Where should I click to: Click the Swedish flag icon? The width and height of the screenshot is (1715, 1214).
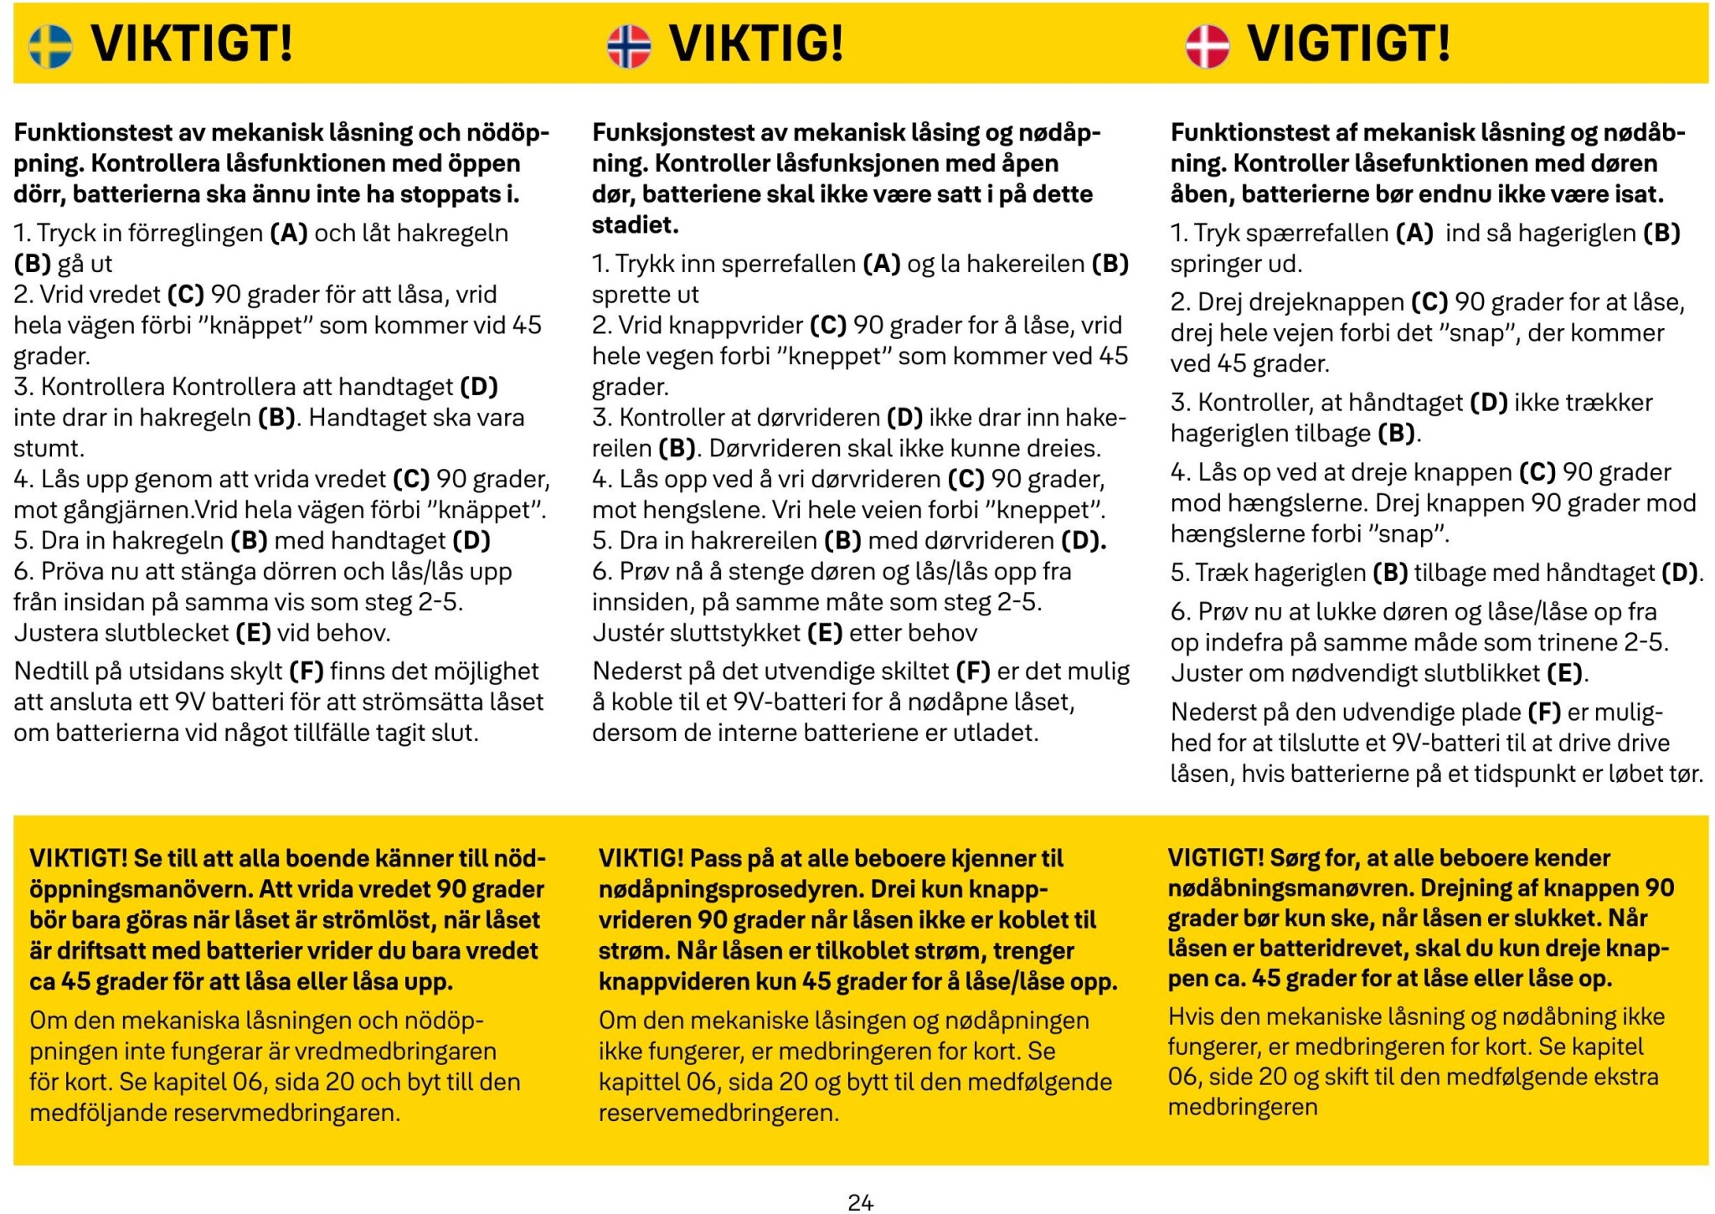click(x=50, y=45)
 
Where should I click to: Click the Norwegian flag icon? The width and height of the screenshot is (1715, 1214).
click(x=629, y=45)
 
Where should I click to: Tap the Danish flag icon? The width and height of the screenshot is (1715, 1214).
click(x=1208, y=45)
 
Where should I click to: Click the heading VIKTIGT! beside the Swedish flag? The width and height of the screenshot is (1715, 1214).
click(x=192, y=44)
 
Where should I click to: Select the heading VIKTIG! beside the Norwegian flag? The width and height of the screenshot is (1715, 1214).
click(x=756, y=44)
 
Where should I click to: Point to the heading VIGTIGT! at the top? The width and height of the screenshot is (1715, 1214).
click(x=1348, y=44)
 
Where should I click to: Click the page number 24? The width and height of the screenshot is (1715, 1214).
click(x=860, y=1202)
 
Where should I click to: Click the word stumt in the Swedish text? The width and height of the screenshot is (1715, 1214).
click(x=49, y=448)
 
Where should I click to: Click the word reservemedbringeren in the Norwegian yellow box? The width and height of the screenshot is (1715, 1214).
click(x=718, y=1114)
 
